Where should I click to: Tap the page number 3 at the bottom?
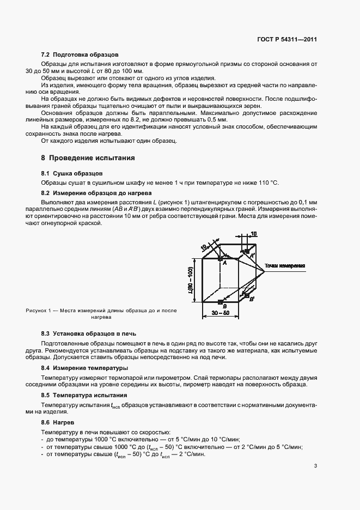[x=315, y=465]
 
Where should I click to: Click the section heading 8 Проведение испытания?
[x=88, y=157]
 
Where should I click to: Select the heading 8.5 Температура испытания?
[x=84, y=394]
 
